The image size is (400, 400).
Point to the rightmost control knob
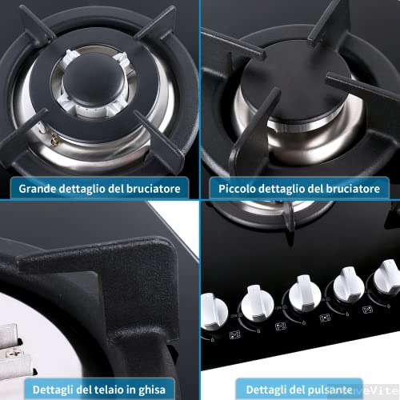pyautogui.click(x=386, y=282)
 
